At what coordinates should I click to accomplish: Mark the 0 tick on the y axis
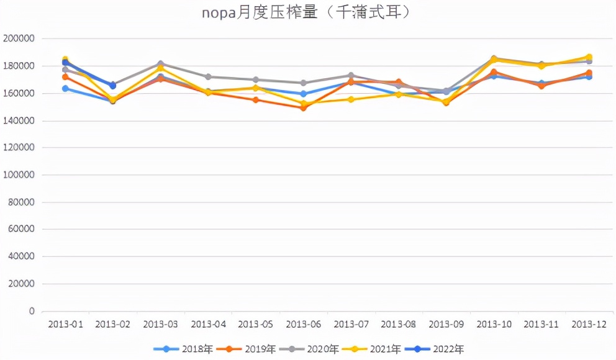pos(31,311)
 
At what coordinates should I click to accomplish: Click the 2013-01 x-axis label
pos(65,324)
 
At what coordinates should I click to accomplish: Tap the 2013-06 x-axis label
pos(303,324)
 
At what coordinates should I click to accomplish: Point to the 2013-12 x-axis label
pos(589,324)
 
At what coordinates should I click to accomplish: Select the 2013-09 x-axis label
pos(446,324)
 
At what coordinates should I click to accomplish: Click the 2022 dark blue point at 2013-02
pos(112,86)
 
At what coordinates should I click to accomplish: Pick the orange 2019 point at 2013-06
pos(303,107)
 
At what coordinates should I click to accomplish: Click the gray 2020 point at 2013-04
pos(208,77)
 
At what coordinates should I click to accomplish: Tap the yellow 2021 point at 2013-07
pos(351,99)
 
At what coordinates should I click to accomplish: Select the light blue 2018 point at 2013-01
pos(65,88)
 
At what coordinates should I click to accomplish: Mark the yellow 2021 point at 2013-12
pos(589,57)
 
